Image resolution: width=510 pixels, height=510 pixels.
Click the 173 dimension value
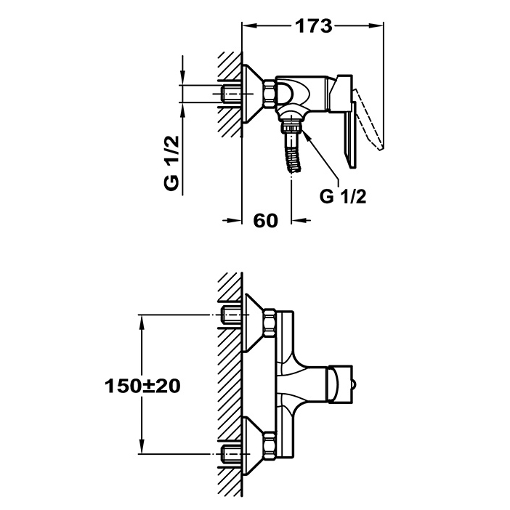pyautogui.click(x=313, y=26)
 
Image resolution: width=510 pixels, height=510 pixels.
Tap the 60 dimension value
pyautogui.click(x=266, y=221)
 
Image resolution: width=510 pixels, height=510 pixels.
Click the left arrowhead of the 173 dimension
pyautogui.click(x=246, y=26)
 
